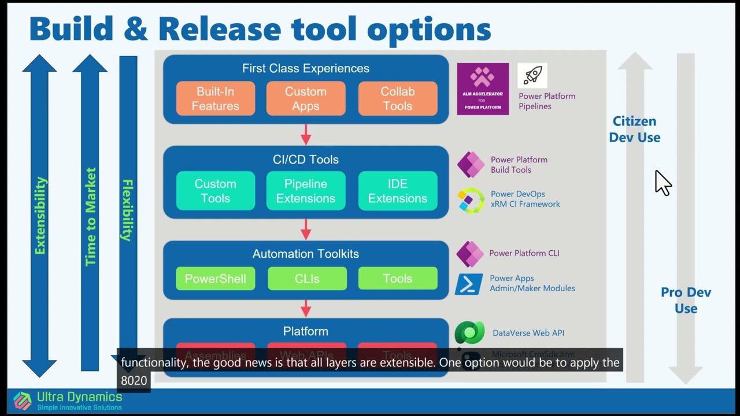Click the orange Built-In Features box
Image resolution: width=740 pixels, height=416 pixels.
click(x=215, y=99)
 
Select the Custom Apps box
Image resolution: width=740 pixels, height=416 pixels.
click(x=306, y=99)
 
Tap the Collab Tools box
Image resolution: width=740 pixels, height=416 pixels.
click(x=397, y=99)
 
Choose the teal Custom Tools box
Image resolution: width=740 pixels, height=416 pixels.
click(x=215, y=191)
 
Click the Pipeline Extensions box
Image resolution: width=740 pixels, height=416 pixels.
click(x=306, y=191)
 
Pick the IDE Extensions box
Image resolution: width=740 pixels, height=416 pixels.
click(x=397, y=191)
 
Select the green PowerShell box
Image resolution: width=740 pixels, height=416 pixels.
click(x=215, y=278)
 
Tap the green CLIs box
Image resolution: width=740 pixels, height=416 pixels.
click(x=307, y=278)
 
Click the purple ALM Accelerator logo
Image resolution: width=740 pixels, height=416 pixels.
click(x=483, y=89)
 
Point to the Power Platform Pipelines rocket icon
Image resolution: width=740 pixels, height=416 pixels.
click(x=532, y=76)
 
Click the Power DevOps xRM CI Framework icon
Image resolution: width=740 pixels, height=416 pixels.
click(x=471, y=200)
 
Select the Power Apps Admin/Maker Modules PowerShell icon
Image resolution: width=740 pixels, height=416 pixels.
click(x=469, y=284)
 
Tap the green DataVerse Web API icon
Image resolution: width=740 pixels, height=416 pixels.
click(x=469, y=333)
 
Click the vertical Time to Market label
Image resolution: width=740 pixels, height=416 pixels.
click(x=90, y=217)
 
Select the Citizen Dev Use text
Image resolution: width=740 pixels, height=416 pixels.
click(x=635, y=129)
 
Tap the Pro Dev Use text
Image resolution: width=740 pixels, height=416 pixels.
click(x=686, y=300)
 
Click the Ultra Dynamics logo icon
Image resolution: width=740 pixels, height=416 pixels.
click(x=23, y=400)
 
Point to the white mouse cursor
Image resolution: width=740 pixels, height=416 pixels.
click(x=662, y=183)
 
